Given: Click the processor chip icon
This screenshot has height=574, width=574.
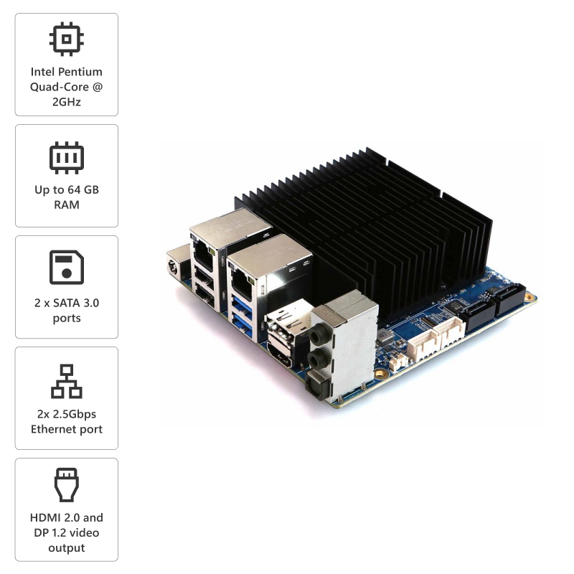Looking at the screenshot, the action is point(66,39).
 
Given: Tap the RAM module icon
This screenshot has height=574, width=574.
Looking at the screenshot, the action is point(66,158).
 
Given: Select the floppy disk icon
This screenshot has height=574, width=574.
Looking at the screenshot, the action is point(66,267).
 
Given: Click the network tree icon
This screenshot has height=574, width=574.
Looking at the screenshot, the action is point(66,381).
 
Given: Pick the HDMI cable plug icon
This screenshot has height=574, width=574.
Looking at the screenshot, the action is point(66,485).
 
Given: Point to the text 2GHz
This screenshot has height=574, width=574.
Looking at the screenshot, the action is point(66,102).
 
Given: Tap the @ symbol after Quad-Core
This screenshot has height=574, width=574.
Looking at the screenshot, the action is point(98,87).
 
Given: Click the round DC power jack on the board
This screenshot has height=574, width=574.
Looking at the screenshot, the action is point(172,265).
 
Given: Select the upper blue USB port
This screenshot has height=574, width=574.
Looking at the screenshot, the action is point(242,304).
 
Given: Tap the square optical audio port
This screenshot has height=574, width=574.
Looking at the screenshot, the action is point(314,385).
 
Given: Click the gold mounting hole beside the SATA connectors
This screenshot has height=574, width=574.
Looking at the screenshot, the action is point(530,296).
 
